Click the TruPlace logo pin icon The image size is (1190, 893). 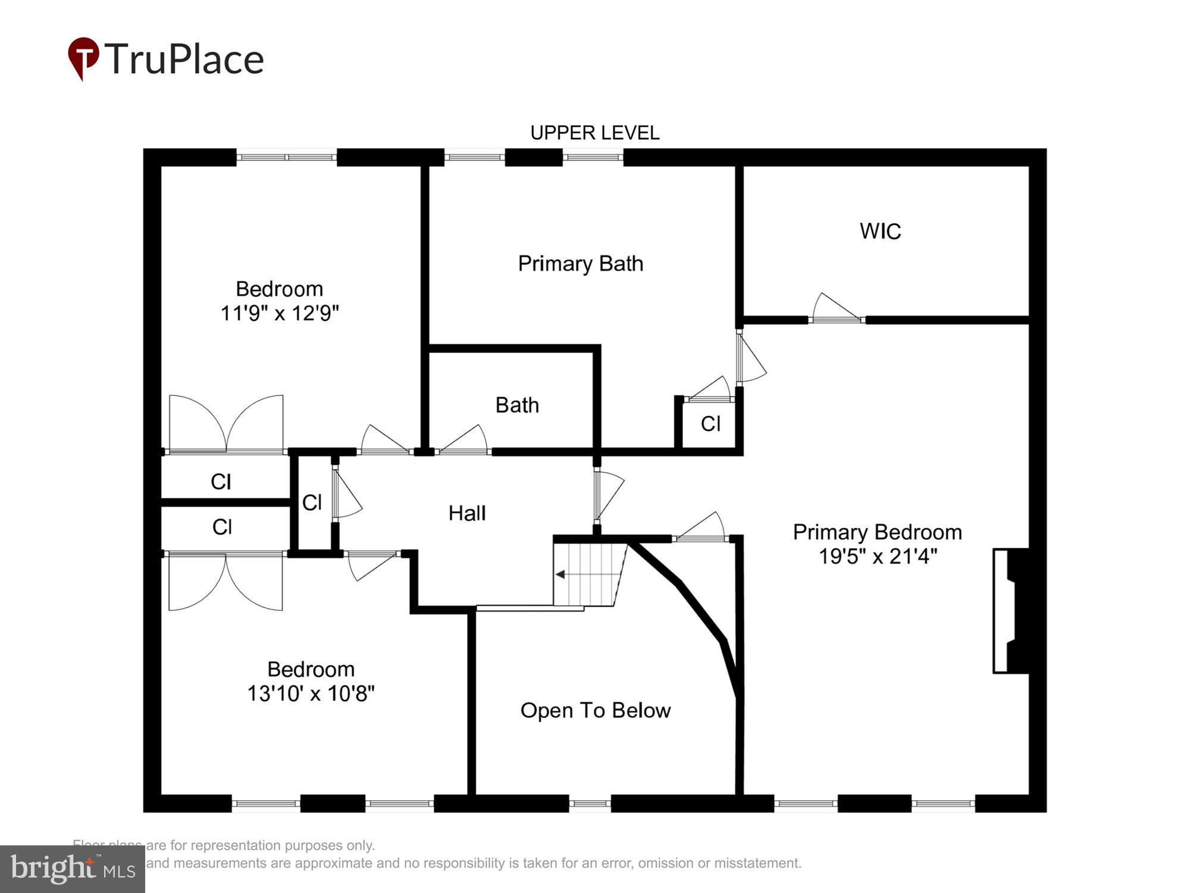coord(83,57)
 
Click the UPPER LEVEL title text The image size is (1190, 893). coord(594,133)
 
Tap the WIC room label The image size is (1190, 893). coord(880,231)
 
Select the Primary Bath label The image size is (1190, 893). coord(580,263)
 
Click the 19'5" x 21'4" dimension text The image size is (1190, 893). coord(878,556)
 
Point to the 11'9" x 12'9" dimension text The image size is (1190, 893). coord(280,313)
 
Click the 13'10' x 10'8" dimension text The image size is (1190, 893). coord(311,693)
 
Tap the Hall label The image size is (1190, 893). coord(467,513)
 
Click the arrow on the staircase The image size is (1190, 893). coord(560,574)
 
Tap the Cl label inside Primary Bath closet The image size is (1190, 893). coord(710,423)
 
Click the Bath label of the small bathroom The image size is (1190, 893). coord(517,405)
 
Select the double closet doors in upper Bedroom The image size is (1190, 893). coord(226,424)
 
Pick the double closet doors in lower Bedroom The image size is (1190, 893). coord(226,581)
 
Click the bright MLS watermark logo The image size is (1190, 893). coord(72,869)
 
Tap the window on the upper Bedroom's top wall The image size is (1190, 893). coord(287,157)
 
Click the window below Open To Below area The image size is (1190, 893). coord(590,803)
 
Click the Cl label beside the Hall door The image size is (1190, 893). coord(312,502)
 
